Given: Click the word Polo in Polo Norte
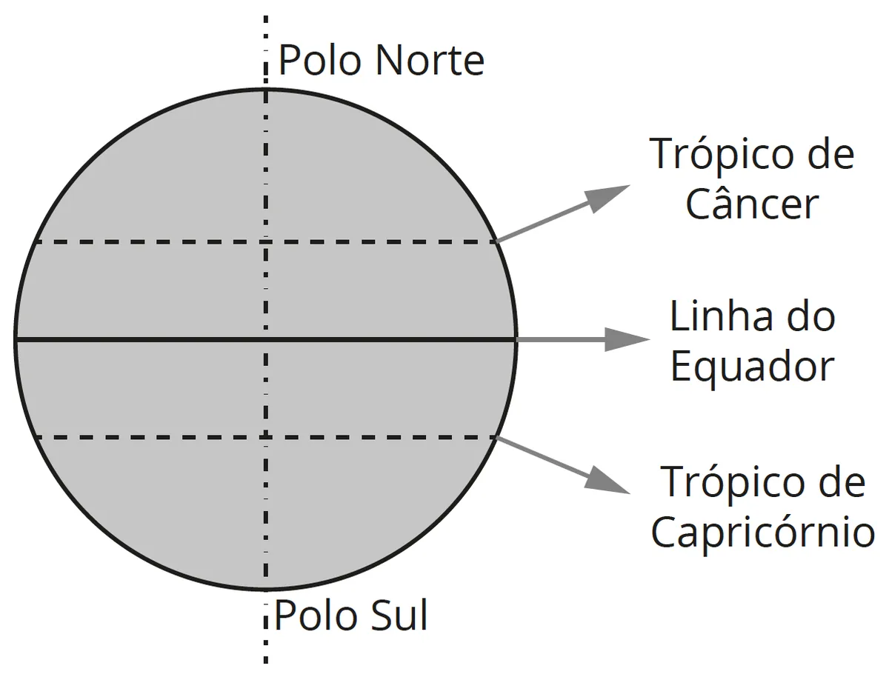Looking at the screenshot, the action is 319,60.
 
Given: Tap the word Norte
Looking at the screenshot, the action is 430,60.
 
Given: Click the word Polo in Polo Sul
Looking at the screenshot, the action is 315,616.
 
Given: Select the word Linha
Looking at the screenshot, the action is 721,316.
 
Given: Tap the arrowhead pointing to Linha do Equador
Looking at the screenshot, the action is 627,339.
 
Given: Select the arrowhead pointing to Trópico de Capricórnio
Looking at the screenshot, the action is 607,481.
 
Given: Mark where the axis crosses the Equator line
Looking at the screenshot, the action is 266,339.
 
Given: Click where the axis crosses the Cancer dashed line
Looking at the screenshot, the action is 266,241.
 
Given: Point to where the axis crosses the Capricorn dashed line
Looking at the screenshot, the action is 266,437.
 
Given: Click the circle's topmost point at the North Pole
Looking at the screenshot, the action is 266,90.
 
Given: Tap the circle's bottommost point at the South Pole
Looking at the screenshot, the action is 266,589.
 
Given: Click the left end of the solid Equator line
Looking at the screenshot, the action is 16,339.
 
